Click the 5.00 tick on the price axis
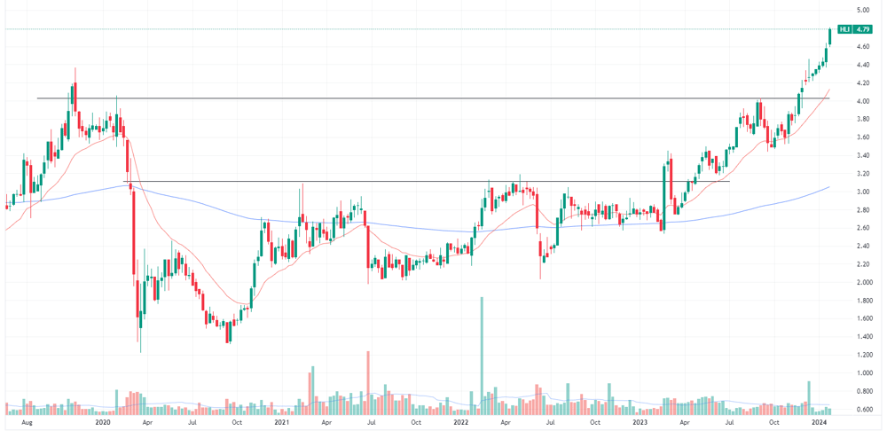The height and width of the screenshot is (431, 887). pyautogui.click(x=863, y=10)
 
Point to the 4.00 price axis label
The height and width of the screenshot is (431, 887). pyautogui.click(x=863, y=101)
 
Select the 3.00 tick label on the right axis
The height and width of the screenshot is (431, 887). pyautogui.click(x=863, y=192)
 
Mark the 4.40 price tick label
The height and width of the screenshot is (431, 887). pyautogui.click(x=863, y=65)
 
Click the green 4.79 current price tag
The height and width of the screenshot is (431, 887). pyautogui.click(x=863, y=29)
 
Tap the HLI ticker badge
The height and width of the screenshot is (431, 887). pyautogui.click(x=845, y=29)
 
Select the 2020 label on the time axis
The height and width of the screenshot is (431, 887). pyautogui.click(x=102, y=422)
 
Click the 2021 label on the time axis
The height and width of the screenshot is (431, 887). pyautogui.click(x=281, y=422)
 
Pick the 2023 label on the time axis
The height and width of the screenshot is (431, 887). pyautogui.click(x=640, y=422)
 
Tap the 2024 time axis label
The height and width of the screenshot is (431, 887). pyautogui.click(x=819, y=422)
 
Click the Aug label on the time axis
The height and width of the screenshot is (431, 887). pyautogui.click(x=26, y=422)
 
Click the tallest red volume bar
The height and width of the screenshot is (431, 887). pyautogui.click(x=368, y=383)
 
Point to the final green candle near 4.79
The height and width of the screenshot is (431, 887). pyautogui.click(x=830, y=35)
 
